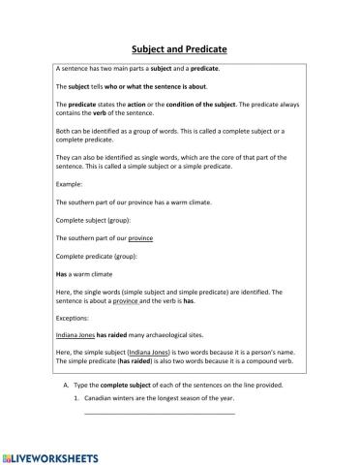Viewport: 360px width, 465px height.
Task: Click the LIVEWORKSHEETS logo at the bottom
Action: pyautogui.click(x=50, y=454)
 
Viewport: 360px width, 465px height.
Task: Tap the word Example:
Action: pyautogui.click(x=70, y=183)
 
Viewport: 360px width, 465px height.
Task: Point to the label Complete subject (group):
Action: pyautogui.click(x=94, y=220)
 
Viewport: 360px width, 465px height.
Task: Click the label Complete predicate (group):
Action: pyautogui.click(x=97, y=256)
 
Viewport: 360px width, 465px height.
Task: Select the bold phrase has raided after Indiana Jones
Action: pyautogui.click(x=115, y=331)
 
